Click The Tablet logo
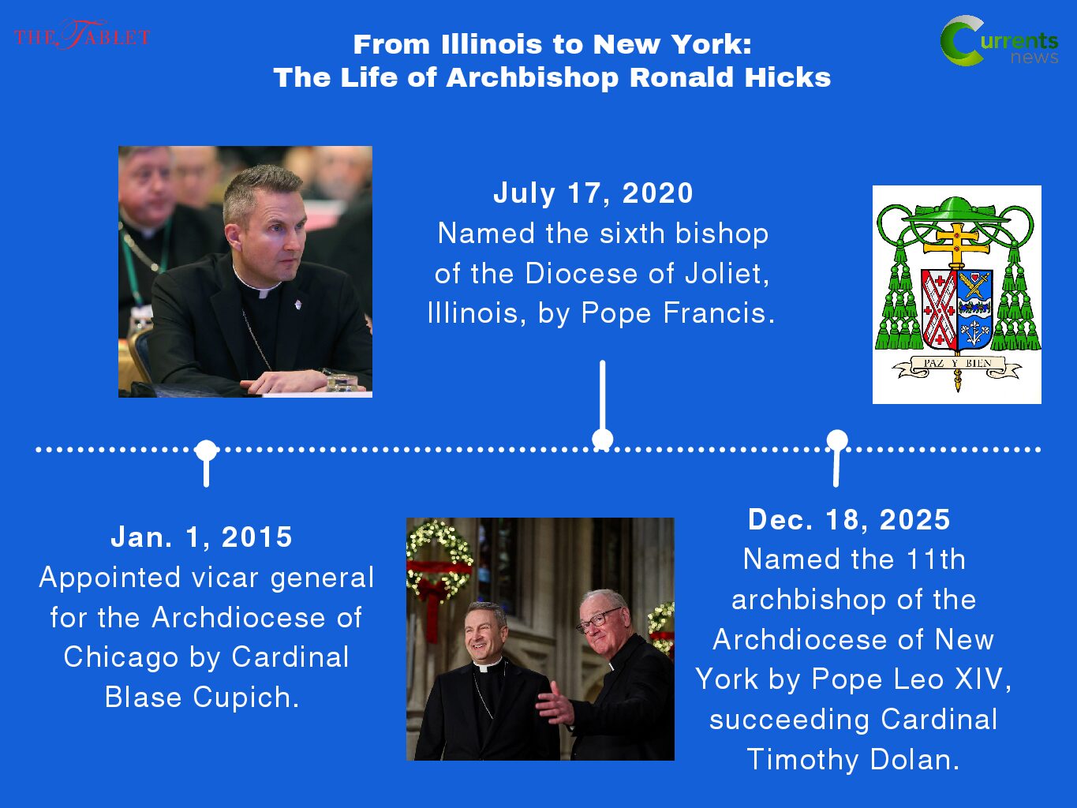pos(82,35)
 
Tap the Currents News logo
pos(999,41)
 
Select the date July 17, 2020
pos(593,193)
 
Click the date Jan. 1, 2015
pos(202,537)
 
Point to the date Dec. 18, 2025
pos(849,519)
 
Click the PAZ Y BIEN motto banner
pos(957,366)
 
